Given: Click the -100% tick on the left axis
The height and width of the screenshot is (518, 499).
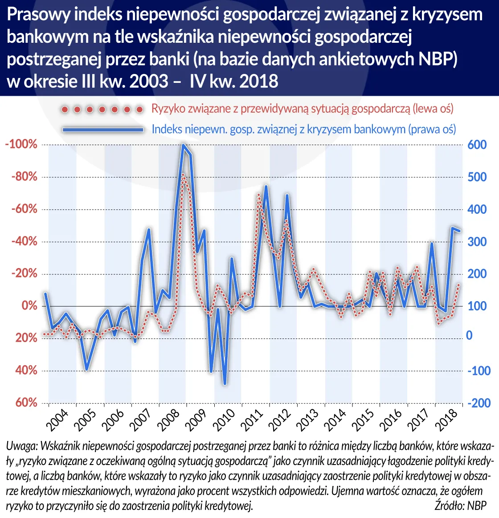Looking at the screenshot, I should click(x=21, y=145).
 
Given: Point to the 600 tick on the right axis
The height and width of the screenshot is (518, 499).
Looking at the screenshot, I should click(x=477, y=145).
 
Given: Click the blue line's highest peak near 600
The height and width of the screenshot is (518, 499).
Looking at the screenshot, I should click(x=183, y=145).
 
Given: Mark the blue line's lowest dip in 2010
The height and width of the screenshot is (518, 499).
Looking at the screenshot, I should click(x=225, y=383).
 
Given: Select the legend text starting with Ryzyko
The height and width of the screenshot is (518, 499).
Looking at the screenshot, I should click(x=302, y=109).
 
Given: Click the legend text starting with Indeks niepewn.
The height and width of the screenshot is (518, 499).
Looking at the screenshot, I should click(x=303, y=129).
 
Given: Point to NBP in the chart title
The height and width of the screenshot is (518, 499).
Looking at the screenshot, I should click(x=439, y=59).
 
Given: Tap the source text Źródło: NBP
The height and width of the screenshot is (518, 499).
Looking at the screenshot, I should click(x=460, y=506).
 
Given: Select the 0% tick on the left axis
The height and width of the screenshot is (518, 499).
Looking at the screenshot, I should click(x=26, y=306).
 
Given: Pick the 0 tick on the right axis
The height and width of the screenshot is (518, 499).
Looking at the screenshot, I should click(x=469, y=335).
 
